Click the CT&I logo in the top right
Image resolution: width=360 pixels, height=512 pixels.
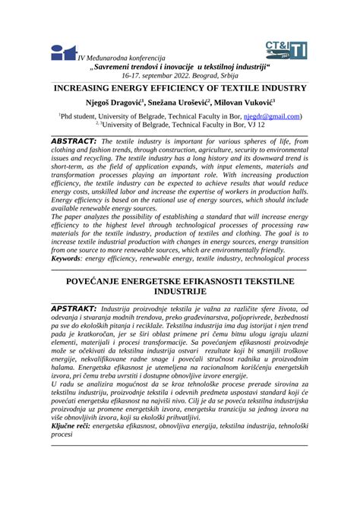click(287, 51)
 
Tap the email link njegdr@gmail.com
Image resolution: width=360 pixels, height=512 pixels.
click(272, 116)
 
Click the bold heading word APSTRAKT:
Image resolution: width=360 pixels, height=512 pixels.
click(73, 309)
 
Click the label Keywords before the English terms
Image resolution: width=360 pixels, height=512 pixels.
click(71, 259)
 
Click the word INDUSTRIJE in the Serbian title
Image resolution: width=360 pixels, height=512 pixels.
click(180, 292)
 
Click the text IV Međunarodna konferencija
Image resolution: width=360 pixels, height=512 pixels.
click(120, 57)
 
